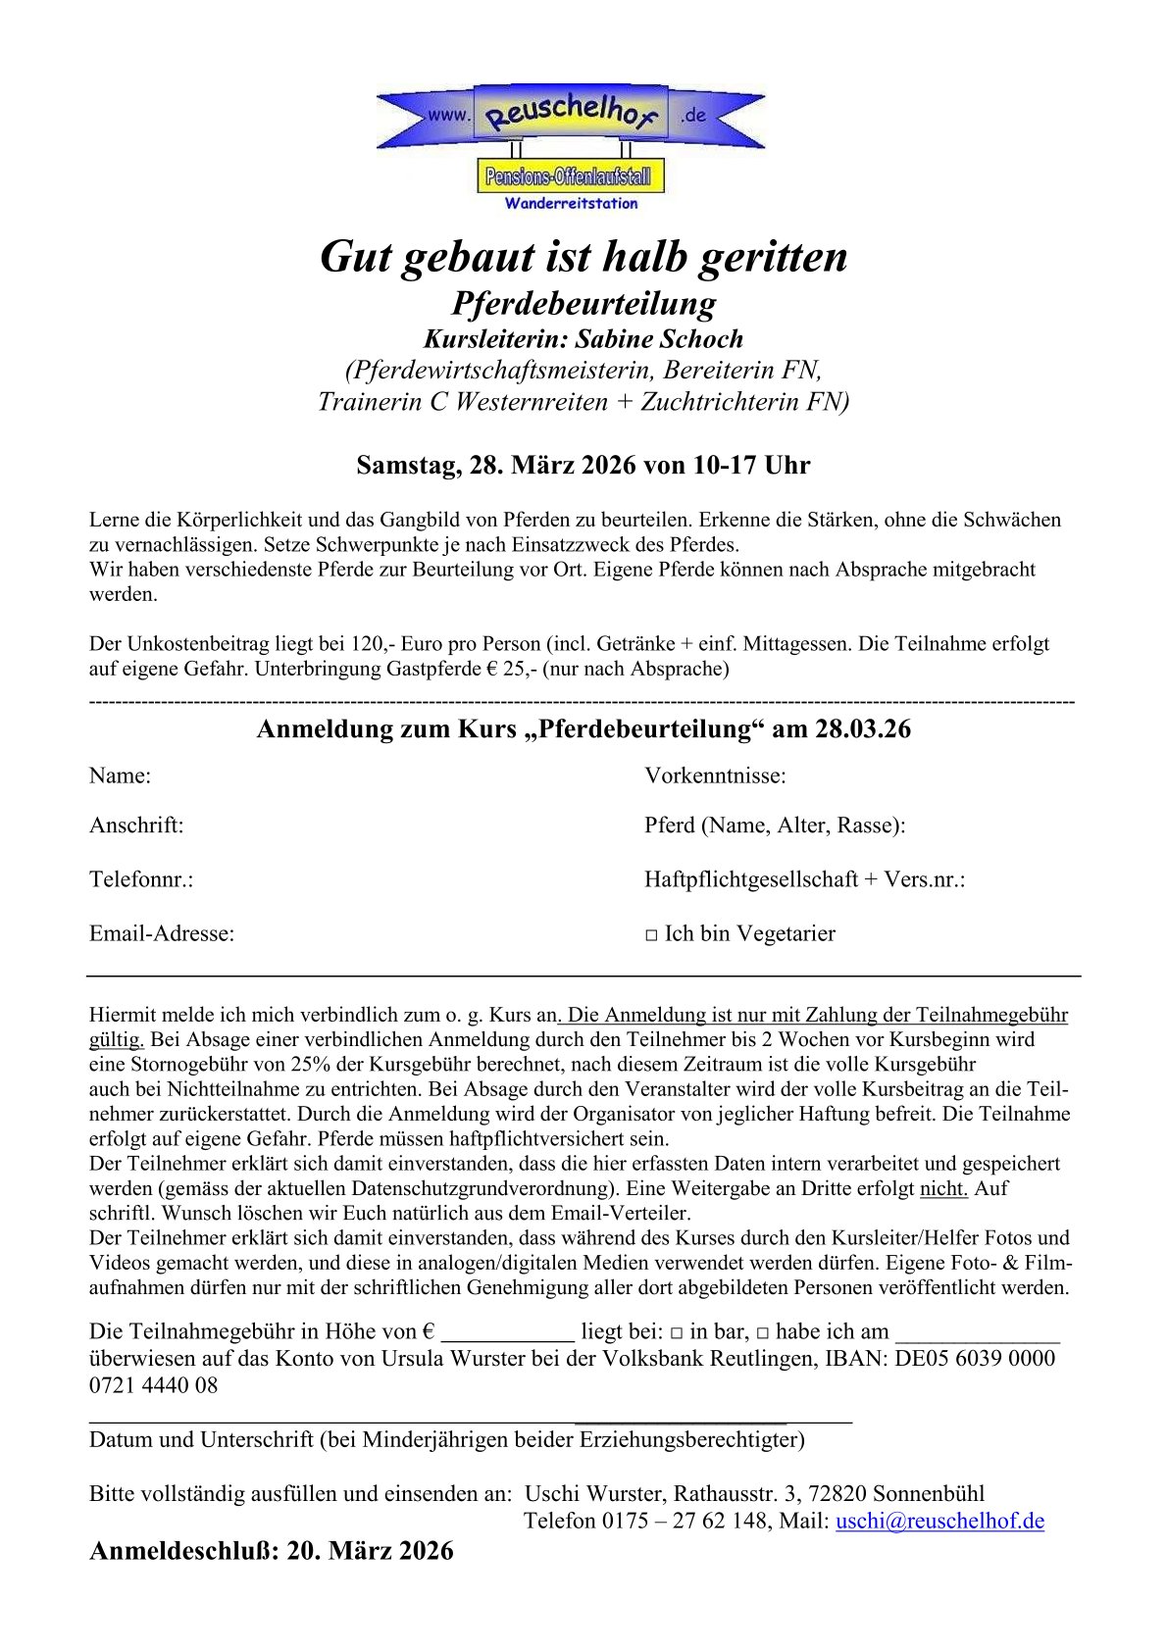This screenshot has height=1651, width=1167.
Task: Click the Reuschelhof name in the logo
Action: (572, 114)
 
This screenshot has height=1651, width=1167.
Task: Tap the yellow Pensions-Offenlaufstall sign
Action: (570, 177)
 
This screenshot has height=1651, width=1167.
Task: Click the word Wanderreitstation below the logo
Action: (571, 204)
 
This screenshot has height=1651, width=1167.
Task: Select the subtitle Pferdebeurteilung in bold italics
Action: (583, 303)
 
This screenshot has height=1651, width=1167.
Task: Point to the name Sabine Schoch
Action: (659, 339)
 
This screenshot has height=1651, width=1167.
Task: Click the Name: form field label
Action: (120, 776)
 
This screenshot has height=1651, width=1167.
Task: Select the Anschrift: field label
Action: (136, 825)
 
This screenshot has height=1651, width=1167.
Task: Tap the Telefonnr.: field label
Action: (141, 879)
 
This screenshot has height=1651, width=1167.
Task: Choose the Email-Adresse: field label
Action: (162, 933)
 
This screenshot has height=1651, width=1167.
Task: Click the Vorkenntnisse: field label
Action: (715, 776)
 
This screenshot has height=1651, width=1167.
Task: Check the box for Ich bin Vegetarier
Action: (651, 935)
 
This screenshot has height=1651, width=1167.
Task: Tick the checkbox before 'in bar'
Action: (677, 1333)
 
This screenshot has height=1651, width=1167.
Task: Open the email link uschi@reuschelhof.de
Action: (939, 1521)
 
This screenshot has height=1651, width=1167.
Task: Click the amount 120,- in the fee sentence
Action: (373, 644)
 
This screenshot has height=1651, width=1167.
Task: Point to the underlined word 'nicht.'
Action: (943, 1189)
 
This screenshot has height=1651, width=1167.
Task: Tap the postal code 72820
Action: (836, 1494)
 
